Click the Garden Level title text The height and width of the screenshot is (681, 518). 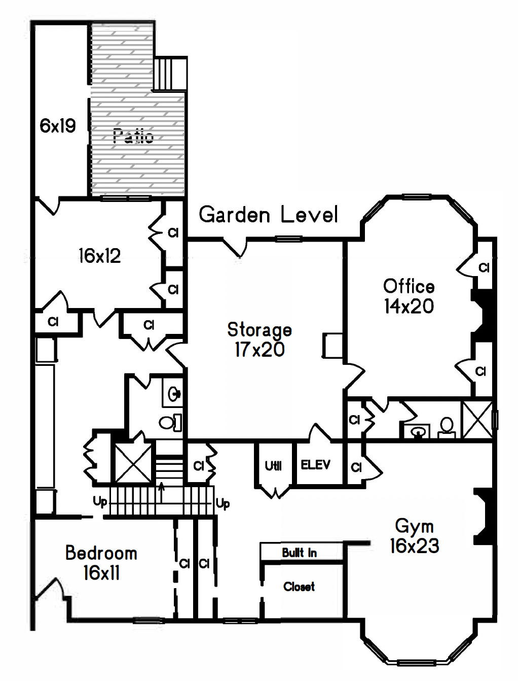click(x=268, y=215)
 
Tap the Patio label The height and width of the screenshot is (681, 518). click(x=133, y=136)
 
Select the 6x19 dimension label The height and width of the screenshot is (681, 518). click(x=58, y=126)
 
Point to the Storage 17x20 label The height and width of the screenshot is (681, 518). click(x=260, y=339)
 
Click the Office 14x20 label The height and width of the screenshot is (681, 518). click(x=409, y=296)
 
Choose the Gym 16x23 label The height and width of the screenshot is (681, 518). click(x=414, y=536)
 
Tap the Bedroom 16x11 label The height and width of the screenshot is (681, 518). click(x=101, y=563)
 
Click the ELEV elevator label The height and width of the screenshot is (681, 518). click(x=315, y=465)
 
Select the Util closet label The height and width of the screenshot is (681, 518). click(x=273, y=465)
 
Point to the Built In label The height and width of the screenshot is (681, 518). click(x=300, y=553)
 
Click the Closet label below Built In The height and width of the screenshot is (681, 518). click(x=299, y=587)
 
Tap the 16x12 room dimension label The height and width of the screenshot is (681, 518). click(x=100, y=256)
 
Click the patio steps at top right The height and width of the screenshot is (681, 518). click(x=170, y=74)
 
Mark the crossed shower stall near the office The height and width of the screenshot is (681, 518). click(x=477, y=420)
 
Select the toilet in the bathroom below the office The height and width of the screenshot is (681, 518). click(x=447, y=427)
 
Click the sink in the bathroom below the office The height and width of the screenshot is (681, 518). click(x=417, y=432)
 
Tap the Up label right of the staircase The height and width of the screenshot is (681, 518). click(x=223, y=503)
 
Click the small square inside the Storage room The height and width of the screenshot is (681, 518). click(x=332, y=346)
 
